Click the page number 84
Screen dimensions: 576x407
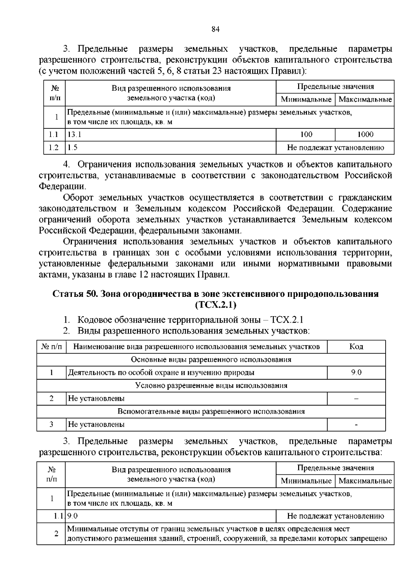[x=216, y=29]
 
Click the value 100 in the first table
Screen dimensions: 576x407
[x=306, y=134]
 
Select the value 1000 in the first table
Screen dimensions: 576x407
[x=365, y=134]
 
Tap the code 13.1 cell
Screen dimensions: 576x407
[x=74, y=134]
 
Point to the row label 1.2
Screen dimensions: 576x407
[x=54, y=147]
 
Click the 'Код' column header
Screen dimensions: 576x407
[x=356, y=346]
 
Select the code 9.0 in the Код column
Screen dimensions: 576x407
[x=356, y=373]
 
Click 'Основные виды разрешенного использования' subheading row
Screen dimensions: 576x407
[x=211, y=359]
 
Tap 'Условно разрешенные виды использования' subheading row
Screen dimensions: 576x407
[x=211, y=385]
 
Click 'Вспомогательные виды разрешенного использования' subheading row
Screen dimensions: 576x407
[x=211, y=411]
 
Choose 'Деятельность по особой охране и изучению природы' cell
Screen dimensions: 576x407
[x=161, y=373]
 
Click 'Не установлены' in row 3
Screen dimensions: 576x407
[x=96, y=424]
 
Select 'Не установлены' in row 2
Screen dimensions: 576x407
[x=96, y=398]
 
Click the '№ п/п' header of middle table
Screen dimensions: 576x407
[x=52, y=346]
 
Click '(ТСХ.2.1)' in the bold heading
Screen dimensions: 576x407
[x=216, y=305]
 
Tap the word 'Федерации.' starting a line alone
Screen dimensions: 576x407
[x=62, y=186]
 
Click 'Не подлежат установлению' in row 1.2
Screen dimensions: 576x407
[x=335, y=147]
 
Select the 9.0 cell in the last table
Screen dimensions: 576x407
[x=73, y=516]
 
